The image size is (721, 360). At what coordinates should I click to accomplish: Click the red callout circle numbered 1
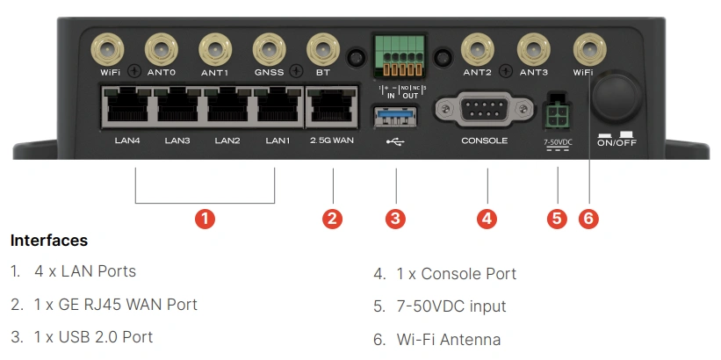coord(204,218)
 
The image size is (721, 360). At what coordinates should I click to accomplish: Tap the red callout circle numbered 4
coord(487,218)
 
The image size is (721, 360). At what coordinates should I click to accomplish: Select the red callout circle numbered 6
coord(588,218)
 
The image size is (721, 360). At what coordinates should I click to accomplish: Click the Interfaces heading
coord(49,241)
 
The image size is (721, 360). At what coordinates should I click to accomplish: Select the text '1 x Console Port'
coord(457,274)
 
